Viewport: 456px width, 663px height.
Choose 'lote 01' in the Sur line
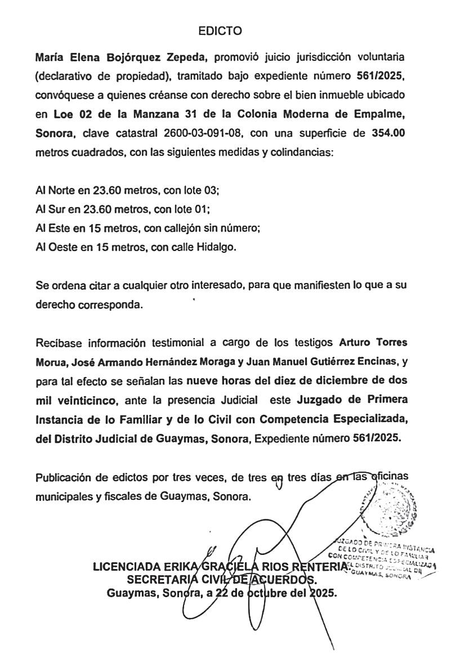pos(193,210)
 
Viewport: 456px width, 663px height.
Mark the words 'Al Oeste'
pos(55,247)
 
